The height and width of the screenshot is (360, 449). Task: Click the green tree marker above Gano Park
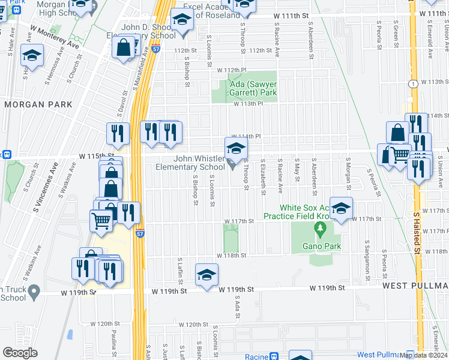pos(320,228)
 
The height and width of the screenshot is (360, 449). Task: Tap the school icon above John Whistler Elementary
pos(237,148)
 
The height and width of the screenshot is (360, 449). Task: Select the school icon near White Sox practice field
pos(341,208)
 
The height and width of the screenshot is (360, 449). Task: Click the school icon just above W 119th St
pos(206,275)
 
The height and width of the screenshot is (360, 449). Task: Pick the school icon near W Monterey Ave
pos(32,56)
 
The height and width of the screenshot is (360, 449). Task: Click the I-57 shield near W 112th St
pos(155,50)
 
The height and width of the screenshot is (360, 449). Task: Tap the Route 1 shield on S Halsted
pos(414,84)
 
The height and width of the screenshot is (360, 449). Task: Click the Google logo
pos(20,353)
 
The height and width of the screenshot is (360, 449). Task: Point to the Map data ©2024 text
pos(424,355)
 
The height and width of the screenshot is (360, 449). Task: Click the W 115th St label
pos(97,156)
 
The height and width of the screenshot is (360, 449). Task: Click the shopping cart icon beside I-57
pos(101,220)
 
